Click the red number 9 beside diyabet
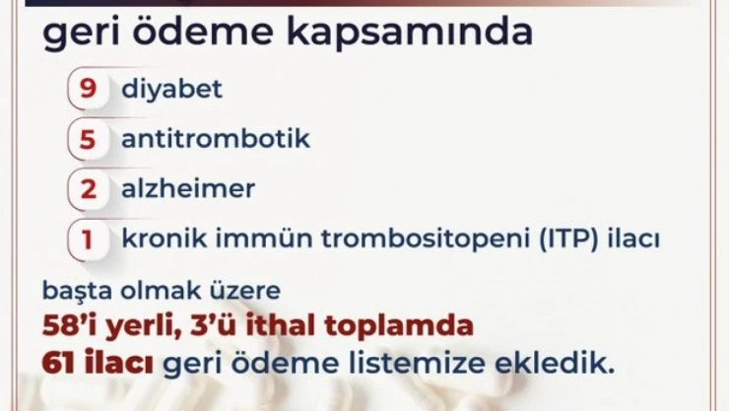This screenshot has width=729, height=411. pyautogui.click(x=89, y=89)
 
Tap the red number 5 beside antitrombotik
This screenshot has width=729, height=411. pyautogui.click(x=89, y=139)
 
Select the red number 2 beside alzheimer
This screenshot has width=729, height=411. pyautogui.click(x=89, y=189)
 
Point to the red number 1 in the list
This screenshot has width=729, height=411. pyautogui.click(x=89, y=240)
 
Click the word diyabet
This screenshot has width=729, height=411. pyautogui.click(x=171, y=89)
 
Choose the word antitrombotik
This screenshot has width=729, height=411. pyautogui.click(x=216, y=139)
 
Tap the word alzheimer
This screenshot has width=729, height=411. pyautogui.click(x=188, y=189)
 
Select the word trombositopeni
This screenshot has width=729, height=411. pyautogui.click(x=373, y=240)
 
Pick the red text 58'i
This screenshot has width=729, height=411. pyautogui.click(x=78, y=325)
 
